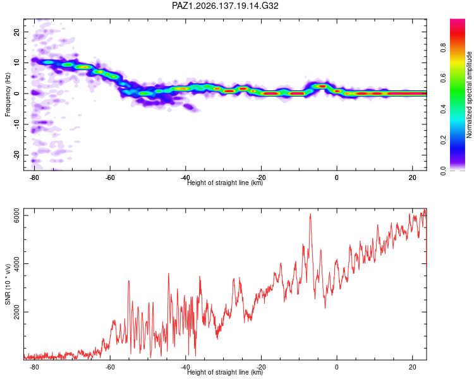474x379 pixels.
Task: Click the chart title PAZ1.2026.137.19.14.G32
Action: (x=225, y=6)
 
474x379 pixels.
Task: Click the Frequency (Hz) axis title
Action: (x=8, y=94)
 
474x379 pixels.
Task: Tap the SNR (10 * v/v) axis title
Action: (x=8, y=284)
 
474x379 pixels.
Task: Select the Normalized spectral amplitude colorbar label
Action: (x=469, y=95)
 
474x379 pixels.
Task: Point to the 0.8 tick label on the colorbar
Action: (x=443, y=48)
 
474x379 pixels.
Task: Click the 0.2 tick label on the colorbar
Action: (x=443, y=140)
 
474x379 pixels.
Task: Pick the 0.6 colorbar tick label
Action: (x=443, y=78)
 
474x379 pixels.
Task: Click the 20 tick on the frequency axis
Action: (x=17, y=32)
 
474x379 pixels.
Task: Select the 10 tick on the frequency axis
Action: (x=17, y=63)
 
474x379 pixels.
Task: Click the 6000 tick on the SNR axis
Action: (x=17, y=215)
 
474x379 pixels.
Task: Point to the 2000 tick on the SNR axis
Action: (x=17, y=311)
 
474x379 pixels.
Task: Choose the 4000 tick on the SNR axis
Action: (x=17, y=263)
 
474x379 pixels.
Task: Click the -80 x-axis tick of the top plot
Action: (x=34, y=177)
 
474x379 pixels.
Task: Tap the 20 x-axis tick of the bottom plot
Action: (x=412, y=367)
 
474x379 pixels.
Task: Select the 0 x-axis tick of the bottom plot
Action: (x=337, y=367)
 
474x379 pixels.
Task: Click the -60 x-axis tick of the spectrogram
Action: (x=110, y=177)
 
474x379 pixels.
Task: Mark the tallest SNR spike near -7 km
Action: (x=310, y=214)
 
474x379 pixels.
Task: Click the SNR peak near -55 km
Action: (x=129, y=281)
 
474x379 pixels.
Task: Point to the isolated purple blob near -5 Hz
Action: (x=190, y=107)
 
